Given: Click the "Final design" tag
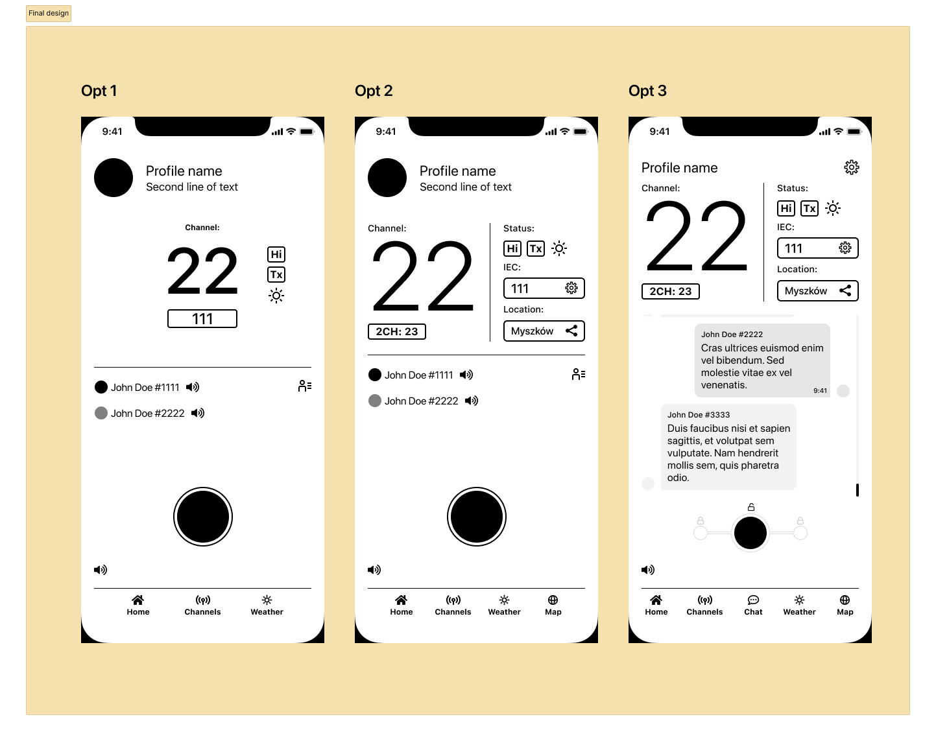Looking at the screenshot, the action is (48, 13).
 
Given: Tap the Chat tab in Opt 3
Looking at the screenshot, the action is (753, 606).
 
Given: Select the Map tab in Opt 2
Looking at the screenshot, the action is (553, 606).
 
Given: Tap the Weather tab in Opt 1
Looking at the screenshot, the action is (267, 606).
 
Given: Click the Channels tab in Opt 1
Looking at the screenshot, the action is (202, 606).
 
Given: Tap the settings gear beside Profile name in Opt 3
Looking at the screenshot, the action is (851, 167).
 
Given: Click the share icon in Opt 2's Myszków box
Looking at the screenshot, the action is (571, 331).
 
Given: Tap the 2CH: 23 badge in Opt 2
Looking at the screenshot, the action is (397, 331).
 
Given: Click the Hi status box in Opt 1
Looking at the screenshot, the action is (276, 254).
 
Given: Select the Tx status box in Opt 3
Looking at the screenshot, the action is (809, 208).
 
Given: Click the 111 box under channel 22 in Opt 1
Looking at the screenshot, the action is (202, 319).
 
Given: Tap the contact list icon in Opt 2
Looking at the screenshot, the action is (579, 374).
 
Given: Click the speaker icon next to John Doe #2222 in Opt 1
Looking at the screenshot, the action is (197, 413).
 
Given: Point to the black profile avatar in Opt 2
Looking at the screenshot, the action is (387, 178).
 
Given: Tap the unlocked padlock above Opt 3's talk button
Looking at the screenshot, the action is (750, 507).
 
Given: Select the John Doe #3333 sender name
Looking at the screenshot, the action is (698, 414).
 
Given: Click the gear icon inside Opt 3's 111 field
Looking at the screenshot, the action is (845, 248).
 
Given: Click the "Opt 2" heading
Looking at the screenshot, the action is (374, 91).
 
